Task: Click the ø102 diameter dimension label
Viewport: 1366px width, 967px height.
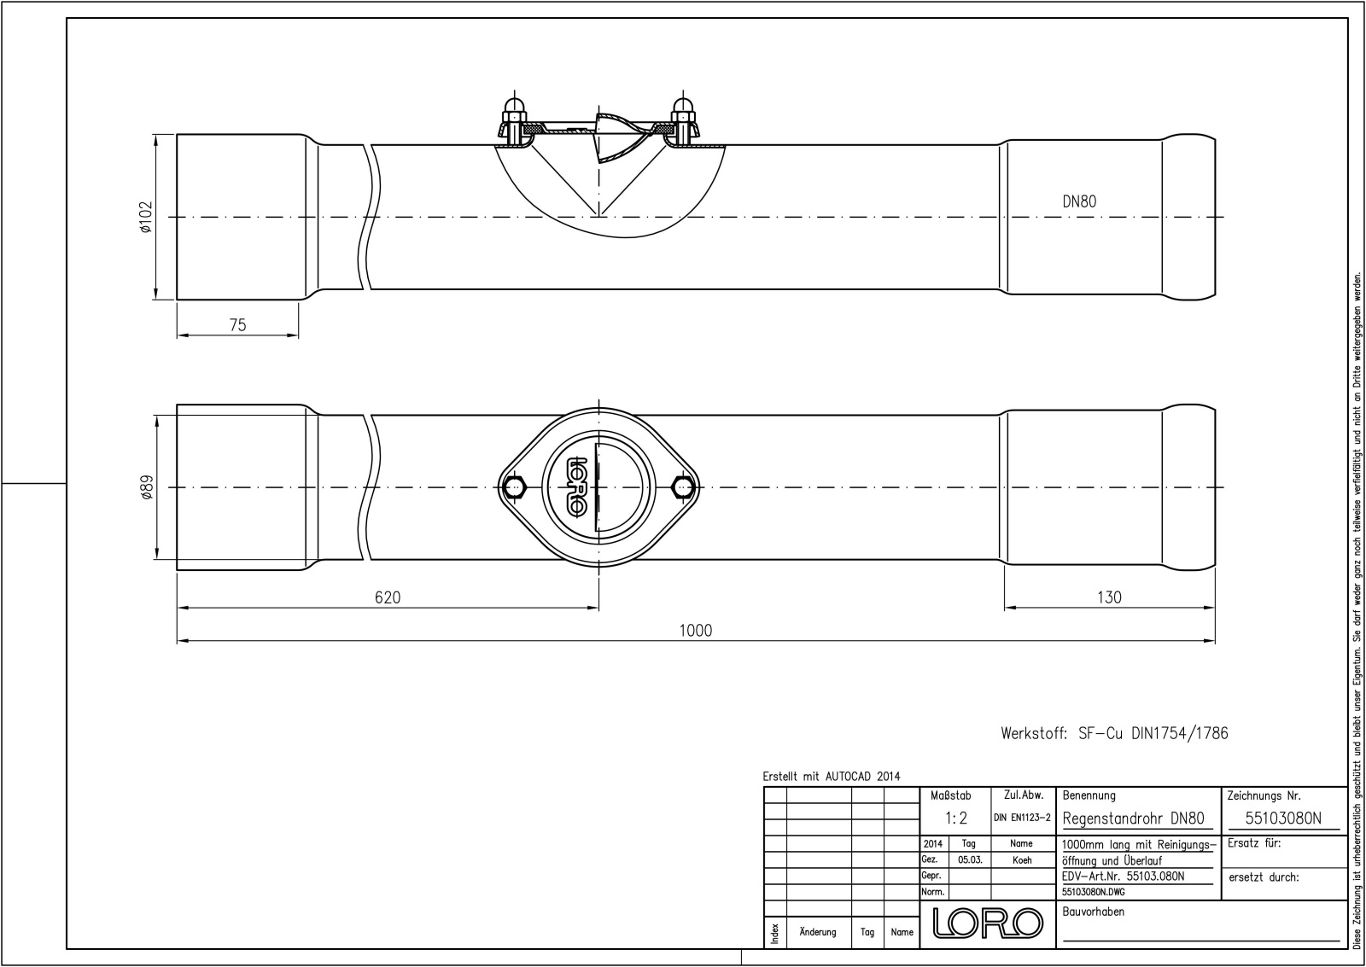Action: click(145, 217)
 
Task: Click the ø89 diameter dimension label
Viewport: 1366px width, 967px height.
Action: click(146, 488)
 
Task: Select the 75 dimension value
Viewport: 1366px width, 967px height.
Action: click(238, 325)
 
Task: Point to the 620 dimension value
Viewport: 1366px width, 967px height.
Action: click(388, 597)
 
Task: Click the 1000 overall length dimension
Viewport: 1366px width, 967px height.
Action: click(695, 630)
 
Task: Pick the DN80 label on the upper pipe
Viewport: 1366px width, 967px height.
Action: click(1079, 201)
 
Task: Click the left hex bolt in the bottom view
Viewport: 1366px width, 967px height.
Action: click(514, 487)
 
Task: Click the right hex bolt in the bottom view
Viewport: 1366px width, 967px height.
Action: click(682, 487)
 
